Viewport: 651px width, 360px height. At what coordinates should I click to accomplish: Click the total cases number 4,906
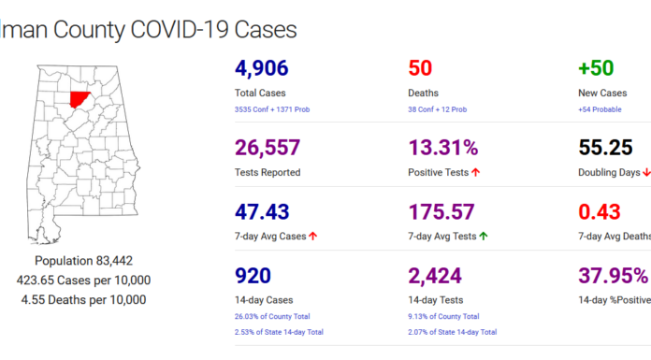(262, 68)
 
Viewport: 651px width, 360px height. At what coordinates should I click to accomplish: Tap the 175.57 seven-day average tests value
(444, 211)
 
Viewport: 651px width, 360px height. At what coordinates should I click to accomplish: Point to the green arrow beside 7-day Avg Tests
(484, 237)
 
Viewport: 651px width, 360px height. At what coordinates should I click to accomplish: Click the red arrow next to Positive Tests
(476, 173)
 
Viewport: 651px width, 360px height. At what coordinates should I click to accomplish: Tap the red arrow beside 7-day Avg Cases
(312, 237)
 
